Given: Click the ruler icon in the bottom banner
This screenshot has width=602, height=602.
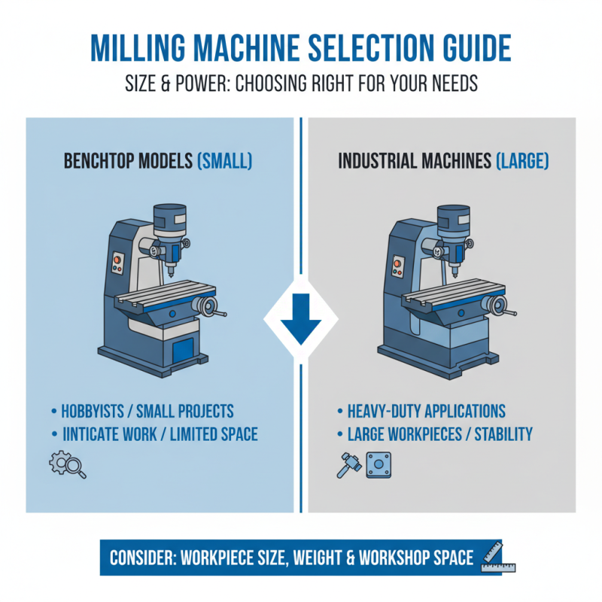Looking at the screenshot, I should [492, 557].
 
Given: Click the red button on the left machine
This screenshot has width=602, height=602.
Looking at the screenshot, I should [117, 262].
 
